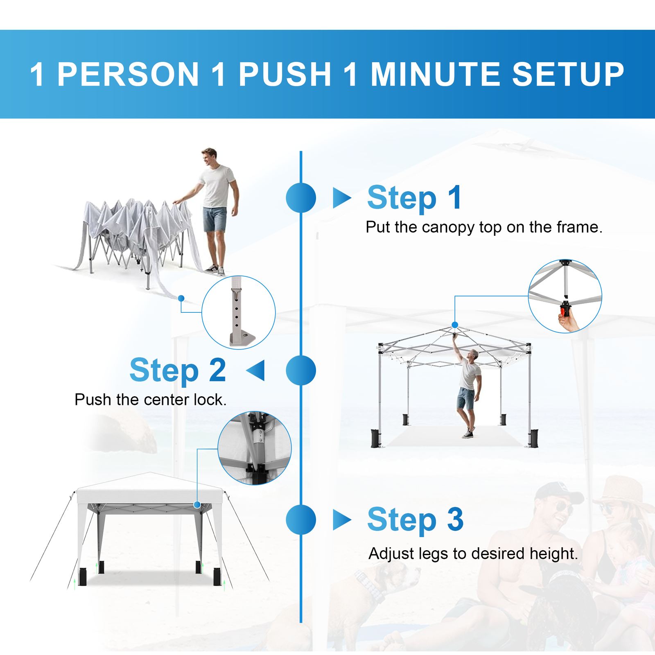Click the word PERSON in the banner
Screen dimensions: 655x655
(x=128, y=75)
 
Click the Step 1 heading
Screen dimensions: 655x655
(x=415, y=198)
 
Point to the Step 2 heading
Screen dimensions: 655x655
(x=178, y=370)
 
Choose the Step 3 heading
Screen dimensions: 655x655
(x=415, y=520)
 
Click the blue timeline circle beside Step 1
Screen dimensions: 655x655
(x=301, y=198)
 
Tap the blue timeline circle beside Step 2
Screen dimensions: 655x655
(x=301, y=370)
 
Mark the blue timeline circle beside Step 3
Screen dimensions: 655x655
(x=301, y=520)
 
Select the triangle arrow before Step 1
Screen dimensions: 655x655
(x=342, y=198)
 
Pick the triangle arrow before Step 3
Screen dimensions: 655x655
(x=342, y=520)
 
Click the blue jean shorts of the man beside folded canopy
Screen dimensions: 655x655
(x=215, y=219)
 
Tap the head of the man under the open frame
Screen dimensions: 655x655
(x=474, y=355)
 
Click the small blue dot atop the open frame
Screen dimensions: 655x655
(x=455, y=325)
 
